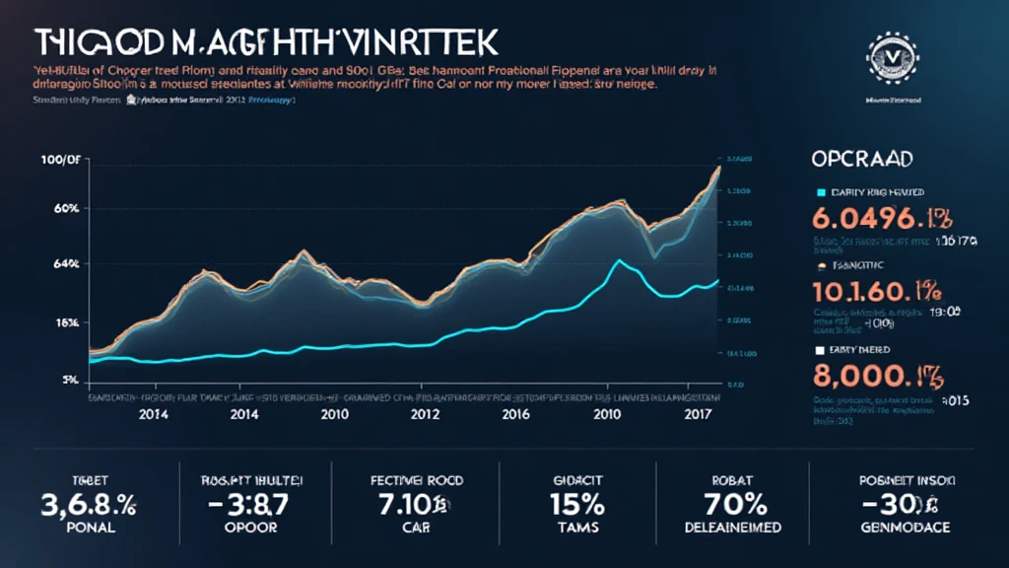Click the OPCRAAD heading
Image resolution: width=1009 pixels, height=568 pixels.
pyautogui.click(x=861, y=158)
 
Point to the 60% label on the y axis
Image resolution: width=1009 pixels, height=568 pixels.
pyautogui.click(x=58, y=209)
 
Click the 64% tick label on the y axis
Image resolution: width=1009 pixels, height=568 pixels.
pyautogui.click(x=58, y=264)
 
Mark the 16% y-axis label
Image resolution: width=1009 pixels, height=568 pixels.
pyautogui.click(x=61, y=322)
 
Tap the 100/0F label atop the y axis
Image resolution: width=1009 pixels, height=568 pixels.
pyautogui.click(x=58, y=161)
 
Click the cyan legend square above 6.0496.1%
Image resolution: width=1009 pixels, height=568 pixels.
pyautogui.click(x=821, y=192)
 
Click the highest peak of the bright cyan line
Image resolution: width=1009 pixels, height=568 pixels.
pyautogui.click(x=618, y=260)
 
